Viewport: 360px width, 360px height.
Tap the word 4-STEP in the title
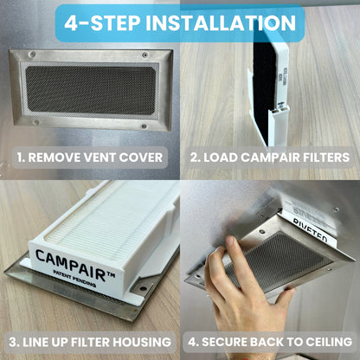[102, 22]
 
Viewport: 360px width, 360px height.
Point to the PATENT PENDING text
[74, 279]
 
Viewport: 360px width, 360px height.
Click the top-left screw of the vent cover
[33, 55]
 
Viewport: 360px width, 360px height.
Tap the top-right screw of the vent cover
[145, 55]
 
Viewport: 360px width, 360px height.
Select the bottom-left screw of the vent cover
[36, 122]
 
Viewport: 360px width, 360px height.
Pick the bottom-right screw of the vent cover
[144, 126]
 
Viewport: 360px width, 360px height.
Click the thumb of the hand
[232, 251]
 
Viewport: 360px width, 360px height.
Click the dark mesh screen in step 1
[91, 91]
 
